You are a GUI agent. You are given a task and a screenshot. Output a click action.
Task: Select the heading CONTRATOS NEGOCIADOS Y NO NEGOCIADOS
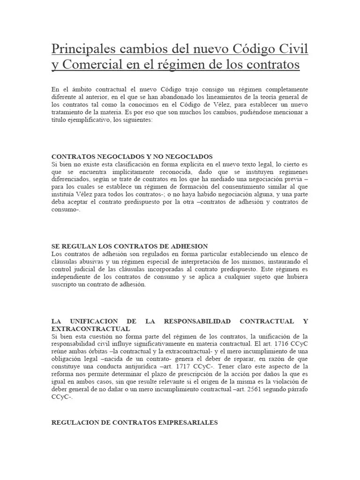(x=132, y=157)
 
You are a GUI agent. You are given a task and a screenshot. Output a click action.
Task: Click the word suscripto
(x=63, y=284)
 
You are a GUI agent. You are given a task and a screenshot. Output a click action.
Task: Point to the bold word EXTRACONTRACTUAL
(x=90, y=329)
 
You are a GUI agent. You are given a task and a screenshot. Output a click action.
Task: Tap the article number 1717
(x=181, y=367)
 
